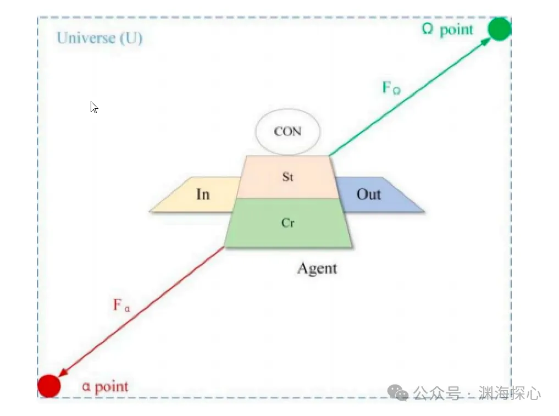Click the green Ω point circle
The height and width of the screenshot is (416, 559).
tap(499, 29)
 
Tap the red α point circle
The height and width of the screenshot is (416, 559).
tap(48, 385)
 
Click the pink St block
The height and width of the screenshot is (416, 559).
tap(287, 177)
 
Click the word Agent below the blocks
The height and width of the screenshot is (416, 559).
tap(317, 269)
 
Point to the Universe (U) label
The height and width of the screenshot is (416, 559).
tap(99, 38)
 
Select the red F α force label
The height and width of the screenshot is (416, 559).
tap(121, 305)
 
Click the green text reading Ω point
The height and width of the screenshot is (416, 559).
tap(447, 29)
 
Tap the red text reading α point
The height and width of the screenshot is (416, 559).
tap(105, 387)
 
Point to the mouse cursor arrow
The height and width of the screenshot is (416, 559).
tap(94, 107)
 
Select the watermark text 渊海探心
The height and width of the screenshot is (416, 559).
tap(510, 393)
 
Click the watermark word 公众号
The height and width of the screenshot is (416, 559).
tap(436, 393)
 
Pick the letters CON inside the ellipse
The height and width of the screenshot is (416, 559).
tap(288, 132)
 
